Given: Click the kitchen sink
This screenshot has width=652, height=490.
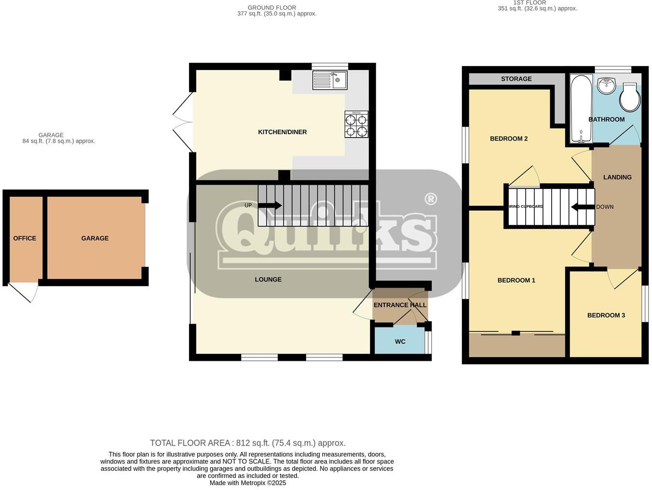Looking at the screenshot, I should coord(329,80).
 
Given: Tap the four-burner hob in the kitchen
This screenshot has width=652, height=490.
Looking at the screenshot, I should coord(356,124).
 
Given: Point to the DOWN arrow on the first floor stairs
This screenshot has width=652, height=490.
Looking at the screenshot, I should coord(583,207).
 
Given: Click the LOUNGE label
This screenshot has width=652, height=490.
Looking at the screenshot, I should coord(268,280).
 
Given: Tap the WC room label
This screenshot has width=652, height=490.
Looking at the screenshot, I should coord(400,342).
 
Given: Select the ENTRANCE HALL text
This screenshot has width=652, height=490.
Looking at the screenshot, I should coord(400,305).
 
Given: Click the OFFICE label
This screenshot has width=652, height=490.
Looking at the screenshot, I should coord(25,238).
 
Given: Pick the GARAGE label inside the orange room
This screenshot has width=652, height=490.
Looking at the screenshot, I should coord(95,238).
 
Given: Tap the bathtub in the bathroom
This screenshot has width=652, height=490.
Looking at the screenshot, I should coord(581,109).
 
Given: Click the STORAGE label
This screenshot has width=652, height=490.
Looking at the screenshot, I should coord(516,79).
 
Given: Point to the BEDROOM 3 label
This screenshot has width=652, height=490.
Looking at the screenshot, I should coord(606,315).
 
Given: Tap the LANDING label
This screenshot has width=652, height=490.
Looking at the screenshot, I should coord(617,177).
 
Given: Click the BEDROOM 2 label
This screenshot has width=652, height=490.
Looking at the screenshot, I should coord(509,139).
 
